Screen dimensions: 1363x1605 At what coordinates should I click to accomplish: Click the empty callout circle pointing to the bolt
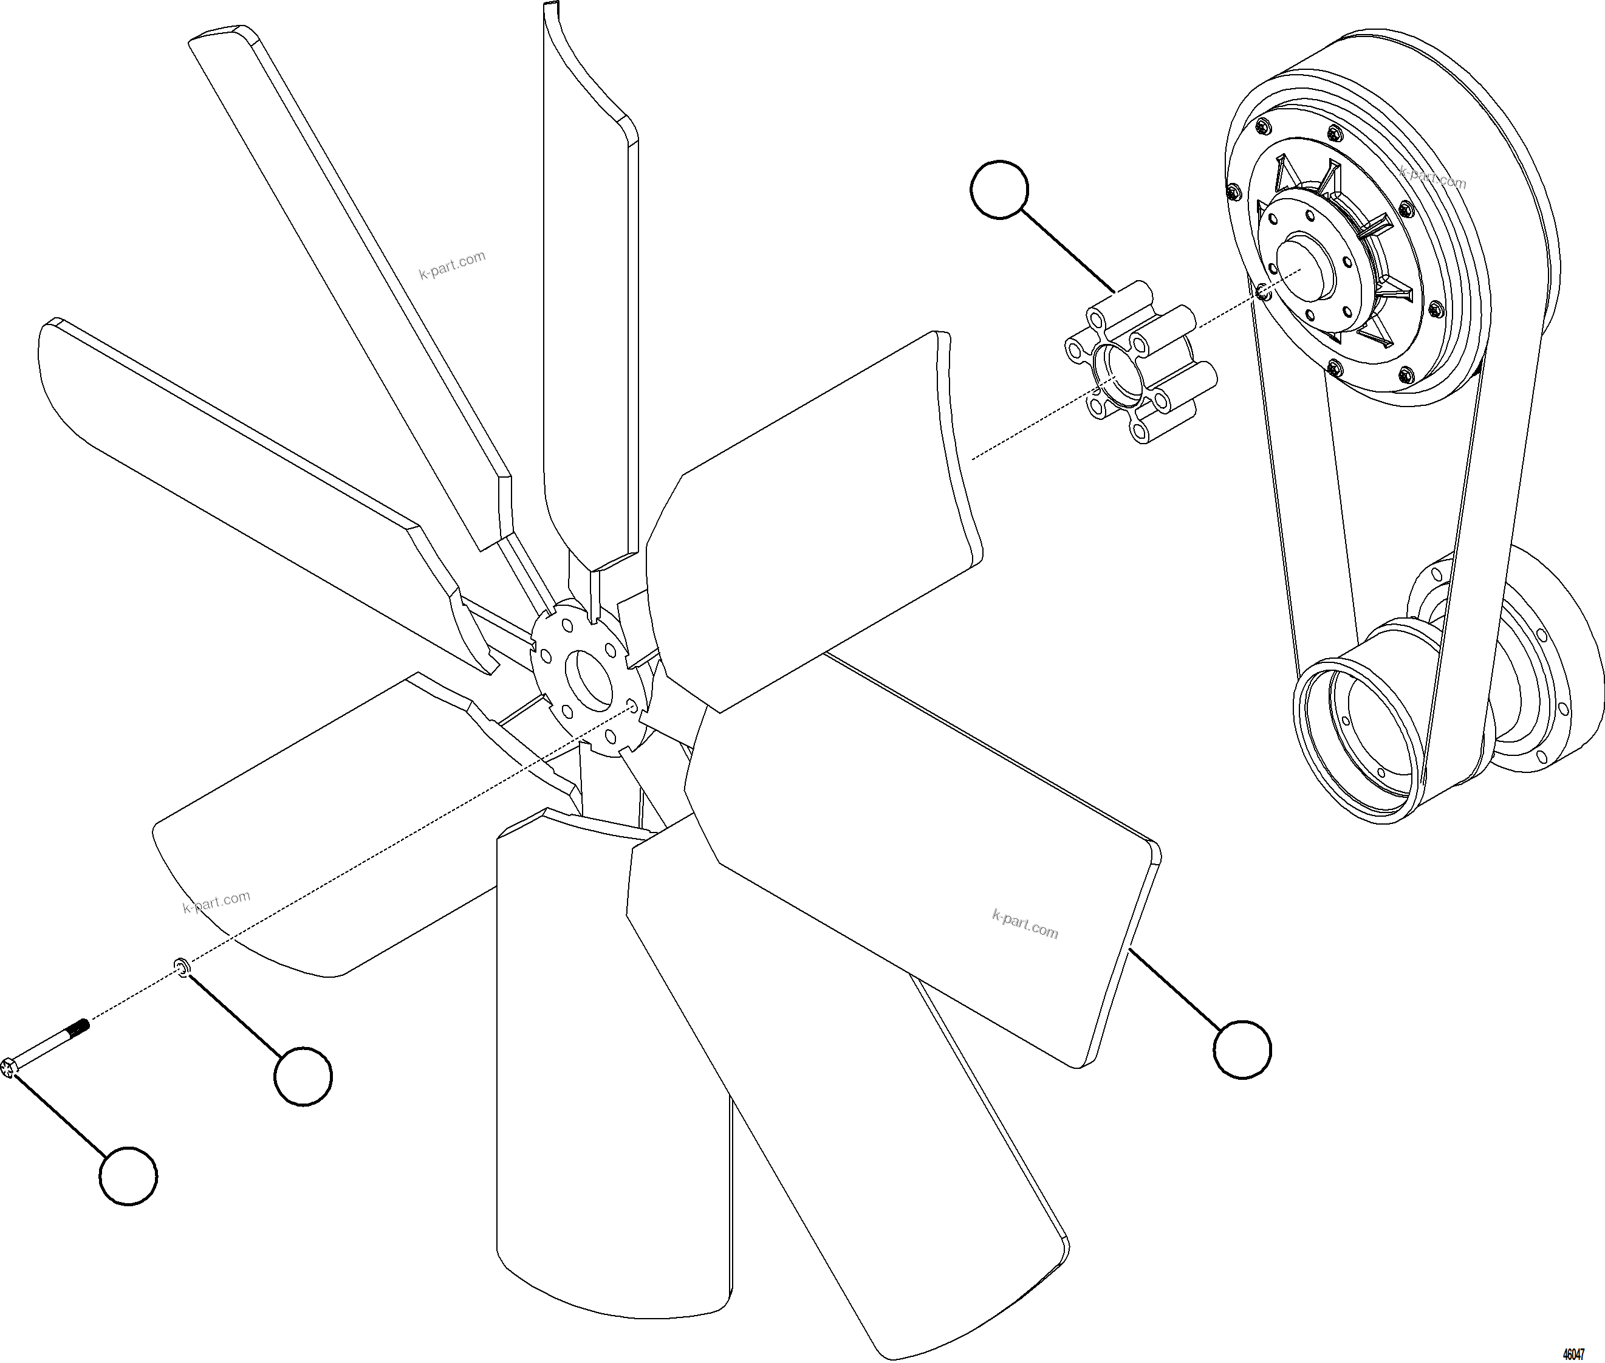128,1175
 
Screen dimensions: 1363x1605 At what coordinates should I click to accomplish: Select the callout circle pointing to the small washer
303,1076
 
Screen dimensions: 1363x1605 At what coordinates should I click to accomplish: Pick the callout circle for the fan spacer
1000,190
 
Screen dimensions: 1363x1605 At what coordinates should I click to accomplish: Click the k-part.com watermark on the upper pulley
1432,177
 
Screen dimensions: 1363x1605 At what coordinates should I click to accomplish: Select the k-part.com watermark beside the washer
216,901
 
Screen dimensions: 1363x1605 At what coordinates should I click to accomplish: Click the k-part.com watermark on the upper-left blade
452,265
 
